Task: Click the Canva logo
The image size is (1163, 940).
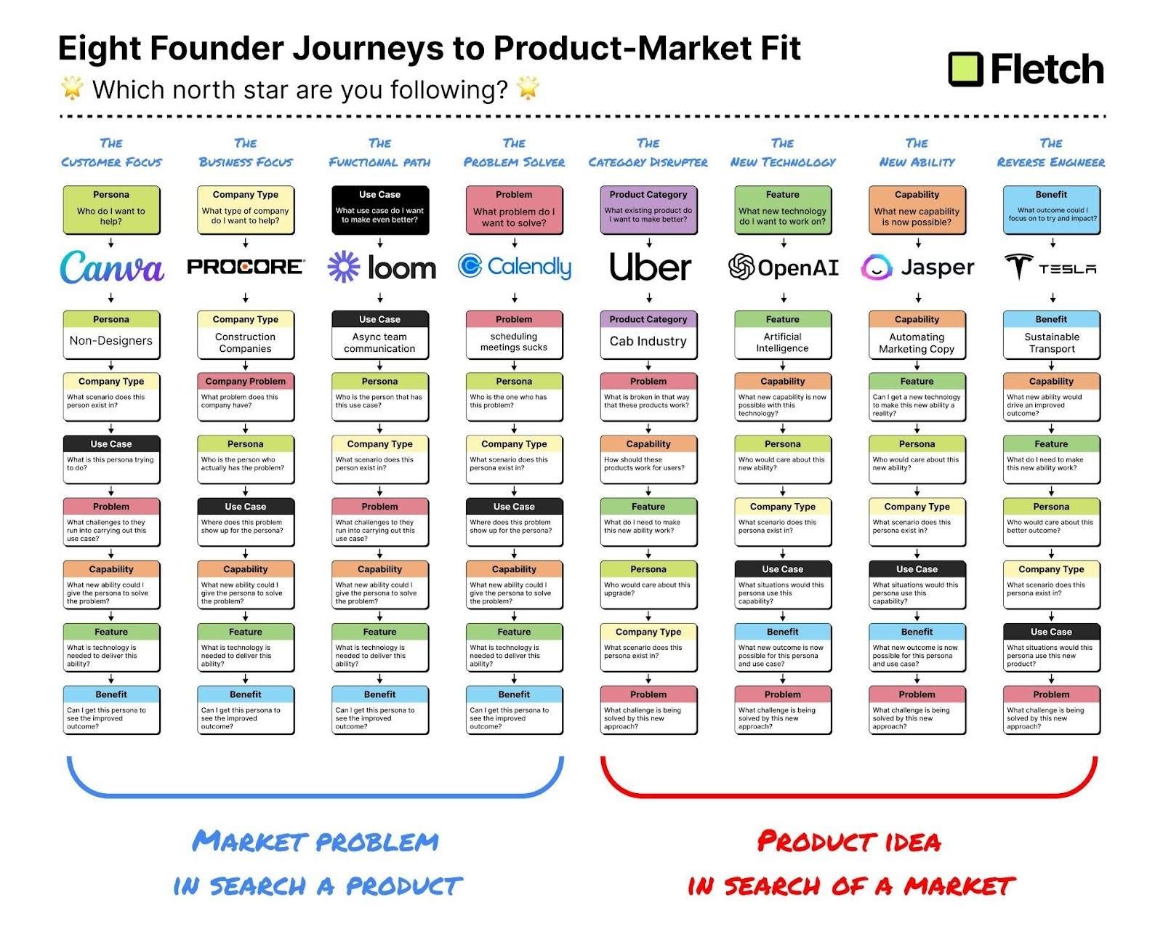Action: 111,268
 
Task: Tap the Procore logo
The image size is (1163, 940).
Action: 245,267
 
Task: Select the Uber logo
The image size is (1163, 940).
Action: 649,267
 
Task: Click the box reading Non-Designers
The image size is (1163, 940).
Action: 111,341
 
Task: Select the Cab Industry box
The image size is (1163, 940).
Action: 648,341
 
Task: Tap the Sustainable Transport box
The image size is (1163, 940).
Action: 1051,342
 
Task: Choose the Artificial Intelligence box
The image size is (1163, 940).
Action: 782,342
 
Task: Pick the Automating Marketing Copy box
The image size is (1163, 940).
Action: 917,342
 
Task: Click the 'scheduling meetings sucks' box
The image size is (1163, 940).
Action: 514,342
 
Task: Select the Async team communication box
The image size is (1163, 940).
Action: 379,342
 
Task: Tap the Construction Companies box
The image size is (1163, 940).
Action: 245,342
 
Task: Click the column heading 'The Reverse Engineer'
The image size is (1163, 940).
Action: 1050,153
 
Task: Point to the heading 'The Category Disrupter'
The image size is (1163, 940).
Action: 648,153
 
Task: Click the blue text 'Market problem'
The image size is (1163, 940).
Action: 315,842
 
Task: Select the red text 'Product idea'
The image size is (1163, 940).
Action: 849,842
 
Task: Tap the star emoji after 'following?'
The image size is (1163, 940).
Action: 528,89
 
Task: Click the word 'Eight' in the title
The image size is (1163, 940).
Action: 99,49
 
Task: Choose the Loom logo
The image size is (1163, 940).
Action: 381,268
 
